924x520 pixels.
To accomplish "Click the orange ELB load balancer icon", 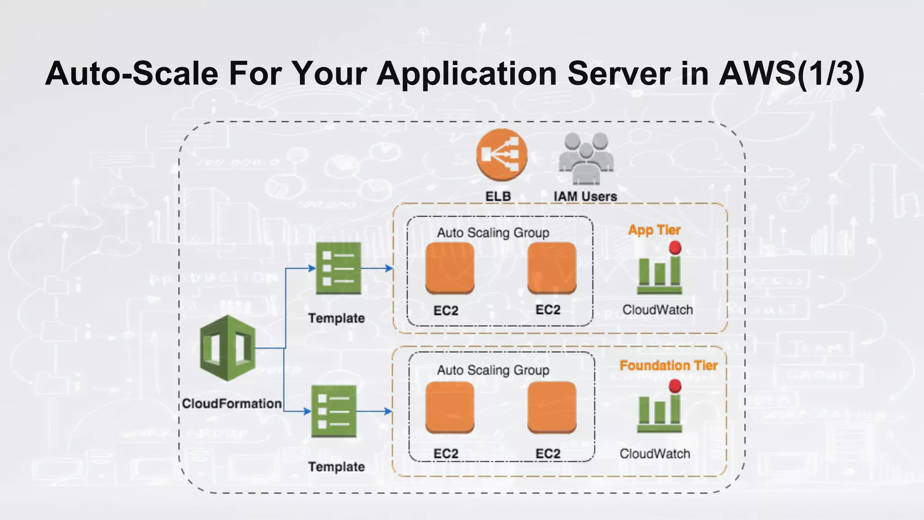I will pyautogui.click(x=502, y=155).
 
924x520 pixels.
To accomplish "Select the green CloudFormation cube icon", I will pyautogui.click(x=228, y=348).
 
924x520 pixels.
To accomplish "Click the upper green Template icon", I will pyautogui.click(x=338, y=269).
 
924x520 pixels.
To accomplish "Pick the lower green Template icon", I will pyautogui.click(x=334, y=411).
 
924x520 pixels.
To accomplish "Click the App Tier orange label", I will pyautogui.click(x=654, y=230).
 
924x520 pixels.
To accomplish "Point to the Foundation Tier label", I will pyautogui.click(x=668, y=365).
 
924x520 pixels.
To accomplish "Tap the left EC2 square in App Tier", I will pyautogui.click(x=450, y=268).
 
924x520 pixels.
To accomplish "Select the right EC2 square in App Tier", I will pyautogui.click(x=552, y=268).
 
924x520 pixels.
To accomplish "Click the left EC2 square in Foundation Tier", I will pyautogui.click(x=450, y=407).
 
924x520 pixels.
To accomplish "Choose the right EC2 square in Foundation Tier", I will pyautogui.click(x=552, y=407).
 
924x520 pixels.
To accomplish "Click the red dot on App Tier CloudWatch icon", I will pyautogui.click(x=675, y=247).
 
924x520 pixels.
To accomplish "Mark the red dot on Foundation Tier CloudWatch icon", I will pyautogui.click(x=675, y=386).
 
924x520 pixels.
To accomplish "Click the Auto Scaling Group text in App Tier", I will pyautogui.click(x=493, y=233).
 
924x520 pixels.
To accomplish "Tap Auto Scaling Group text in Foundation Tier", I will pyautogui.click(x=493, y=370).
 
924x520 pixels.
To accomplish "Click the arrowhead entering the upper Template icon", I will pyautogui.click(x=311, y=268).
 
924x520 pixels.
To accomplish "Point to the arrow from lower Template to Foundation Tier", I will pyautogui.click(x=374, y=411).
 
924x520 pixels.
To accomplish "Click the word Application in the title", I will pyautogui.click(x=467, y=74).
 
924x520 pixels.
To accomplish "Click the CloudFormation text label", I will pyautogui.click(x=231, y=403).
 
